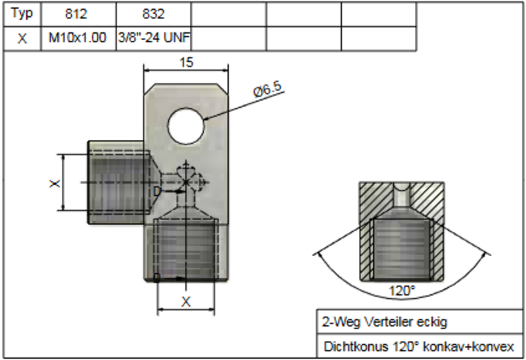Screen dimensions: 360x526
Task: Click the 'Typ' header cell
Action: tap(22, 13)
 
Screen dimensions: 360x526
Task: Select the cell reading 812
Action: tap(78, 13)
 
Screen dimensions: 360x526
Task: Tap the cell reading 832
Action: tap(153, 13)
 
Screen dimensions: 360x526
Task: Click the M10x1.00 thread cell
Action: tap(78, 39)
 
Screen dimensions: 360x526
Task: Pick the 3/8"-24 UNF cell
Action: tap(153, 39)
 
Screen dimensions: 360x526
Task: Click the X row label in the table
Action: tap(22, 39)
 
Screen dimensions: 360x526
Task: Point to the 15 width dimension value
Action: tap(186, 62)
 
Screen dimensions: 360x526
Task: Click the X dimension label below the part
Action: tap(186, 302)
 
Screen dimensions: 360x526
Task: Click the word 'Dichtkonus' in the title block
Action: tap(349, 346)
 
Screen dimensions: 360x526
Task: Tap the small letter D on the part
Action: tap(157, 191)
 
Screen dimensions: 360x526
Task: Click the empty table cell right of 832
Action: tap(228, 13)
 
